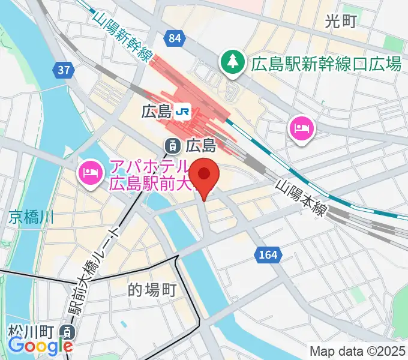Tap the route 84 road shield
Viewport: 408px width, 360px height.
click(x=175, y=39)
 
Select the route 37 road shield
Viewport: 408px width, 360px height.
click(x=64, y=71)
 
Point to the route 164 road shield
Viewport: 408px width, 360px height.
click(x=268, y=255)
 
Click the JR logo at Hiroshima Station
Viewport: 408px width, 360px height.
click(x=183, y=111)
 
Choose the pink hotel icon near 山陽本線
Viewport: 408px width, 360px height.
click(x=301, y=128)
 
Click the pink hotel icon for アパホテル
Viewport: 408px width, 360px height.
click(x=89, y=175)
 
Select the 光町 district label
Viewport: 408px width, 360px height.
click(x=340, y=22)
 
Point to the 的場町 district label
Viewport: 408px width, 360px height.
click(x=152, y=291)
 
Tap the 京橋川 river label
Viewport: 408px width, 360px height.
click(x=31, y=217)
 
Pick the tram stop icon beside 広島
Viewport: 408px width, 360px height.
click(x=172, y=145)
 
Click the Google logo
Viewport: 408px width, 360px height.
click(x=40, y=346)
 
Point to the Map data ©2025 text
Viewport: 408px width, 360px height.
click(x=358, y=350)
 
